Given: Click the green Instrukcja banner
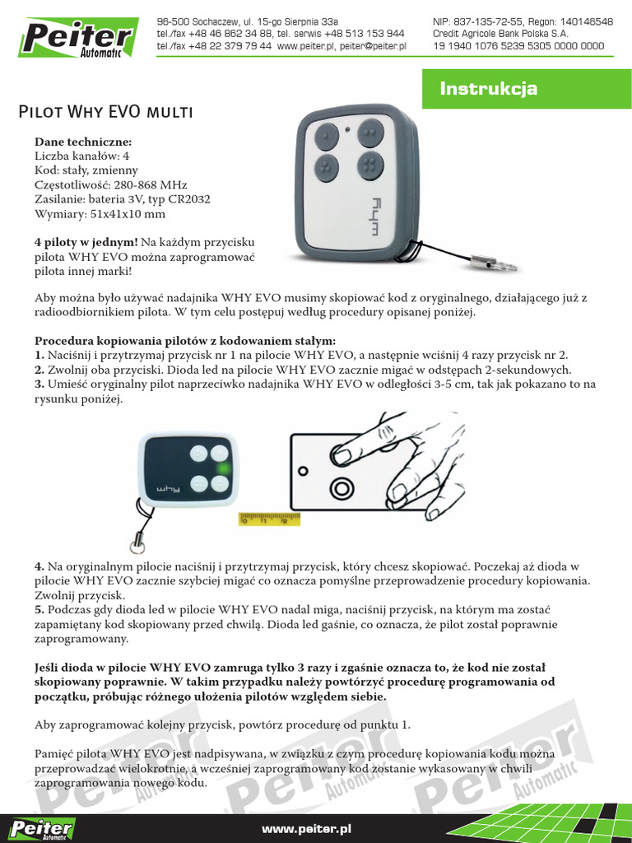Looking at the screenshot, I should pos(527,88).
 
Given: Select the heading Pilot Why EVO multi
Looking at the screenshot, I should pos(107,111).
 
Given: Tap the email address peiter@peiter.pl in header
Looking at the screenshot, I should pos(373,47).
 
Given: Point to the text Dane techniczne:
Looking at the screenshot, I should pos(77,142).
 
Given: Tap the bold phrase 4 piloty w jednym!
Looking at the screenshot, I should pos(86,243).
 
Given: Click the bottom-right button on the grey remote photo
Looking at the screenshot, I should pos(370,165).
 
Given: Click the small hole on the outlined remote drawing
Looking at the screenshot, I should pos(302,471).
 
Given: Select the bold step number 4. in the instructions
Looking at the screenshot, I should pos(39,567).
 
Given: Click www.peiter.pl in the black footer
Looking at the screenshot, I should pos(306,829).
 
